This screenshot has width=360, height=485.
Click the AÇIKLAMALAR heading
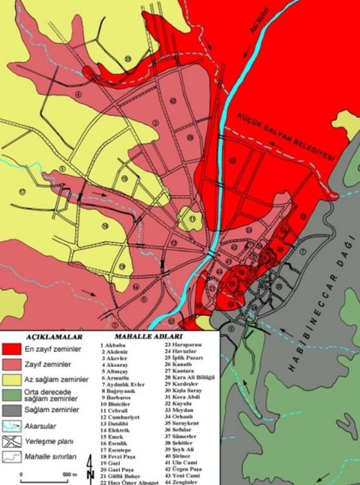[x=53, y=335]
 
